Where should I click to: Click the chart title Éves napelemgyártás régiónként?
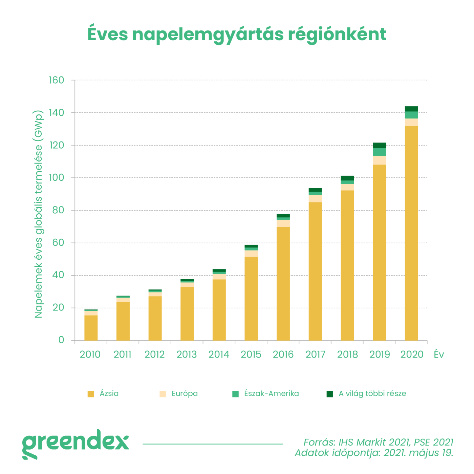(x=237, y=34)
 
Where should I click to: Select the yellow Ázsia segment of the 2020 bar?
(x=411, y=234)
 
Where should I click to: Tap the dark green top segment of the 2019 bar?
(x=379, y=145)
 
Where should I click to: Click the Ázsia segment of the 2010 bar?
(x=91, y=328)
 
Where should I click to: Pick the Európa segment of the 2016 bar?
(x=283, y=223)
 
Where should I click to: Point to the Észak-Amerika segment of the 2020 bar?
(x=411, y=115)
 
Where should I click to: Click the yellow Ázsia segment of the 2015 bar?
(x=251, y=298)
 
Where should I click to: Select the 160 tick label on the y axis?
(x=56, y=80)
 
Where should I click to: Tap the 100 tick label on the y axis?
(x=56, y=177)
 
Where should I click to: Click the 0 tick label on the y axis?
(x=61, y=340)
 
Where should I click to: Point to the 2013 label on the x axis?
(x=187, y=354)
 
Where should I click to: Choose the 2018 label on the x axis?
(x=347, y=354)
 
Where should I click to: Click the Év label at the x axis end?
(x=439, y=354)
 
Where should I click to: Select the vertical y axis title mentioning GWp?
(x=39, y=214)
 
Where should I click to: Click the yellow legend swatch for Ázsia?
(x=91, y=394)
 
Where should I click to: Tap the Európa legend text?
(x=185, y=393)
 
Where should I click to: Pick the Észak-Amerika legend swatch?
(x=235, y=394)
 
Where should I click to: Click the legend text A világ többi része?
(x=372, y=393)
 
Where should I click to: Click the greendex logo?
(x=76, y=444)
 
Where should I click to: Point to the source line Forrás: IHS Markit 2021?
(x=378, y=442)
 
